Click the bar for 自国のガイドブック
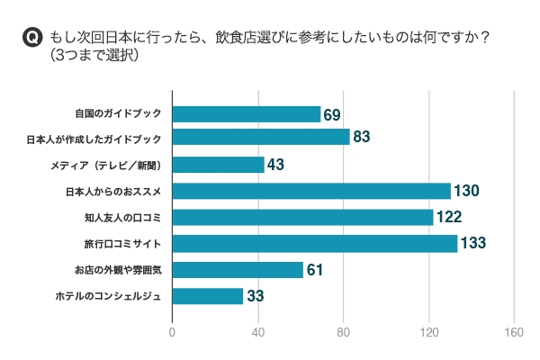pos(246,114)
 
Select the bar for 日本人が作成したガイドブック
pos(260,137)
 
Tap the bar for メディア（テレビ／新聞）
pos(218,165)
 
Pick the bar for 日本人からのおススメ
pos(310,191)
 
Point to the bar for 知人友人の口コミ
pos(302,217)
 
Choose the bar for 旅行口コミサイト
pos(314,243)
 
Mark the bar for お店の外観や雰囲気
pos(237,270)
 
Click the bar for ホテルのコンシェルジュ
pos(207,296)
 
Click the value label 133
pos(475,243)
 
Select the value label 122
pos(451,217)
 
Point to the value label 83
pos(363,137)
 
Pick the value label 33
pos(256,296)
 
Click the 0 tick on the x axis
pos(172,331)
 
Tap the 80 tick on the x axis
pos(343,331)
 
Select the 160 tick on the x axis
pos(514,331)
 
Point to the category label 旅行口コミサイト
pos(127,244)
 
